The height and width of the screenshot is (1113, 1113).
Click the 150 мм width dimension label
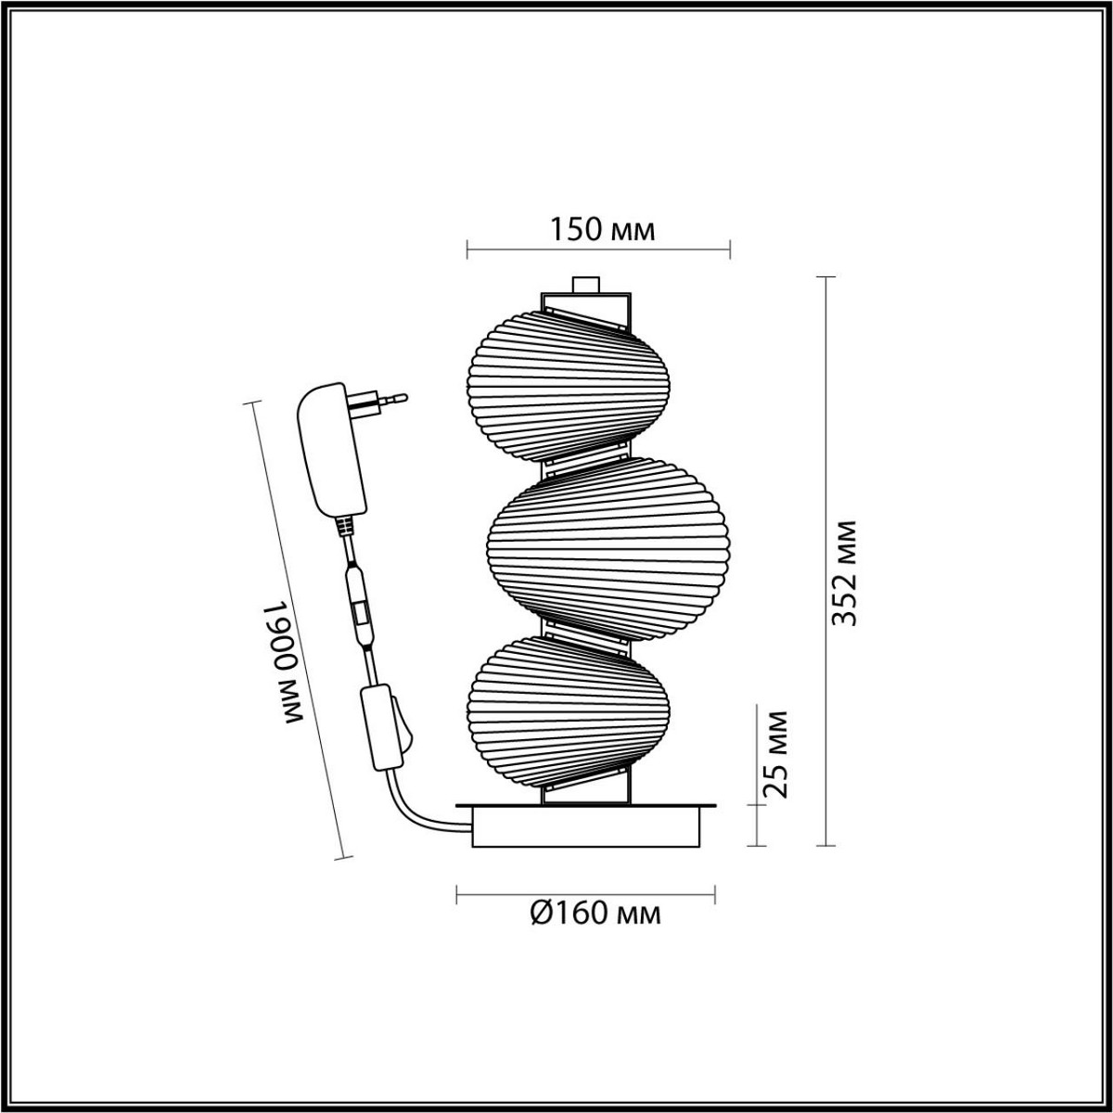click(x=603, y=230)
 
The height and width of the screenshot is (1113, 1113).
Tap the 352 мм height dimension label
click(x=843, y=572)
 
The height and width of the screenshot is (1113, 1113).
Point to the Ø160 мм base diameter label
click(x=596, y=914)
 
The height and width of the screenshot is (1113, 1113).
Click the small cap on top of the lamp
click(x=585, y=284)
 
